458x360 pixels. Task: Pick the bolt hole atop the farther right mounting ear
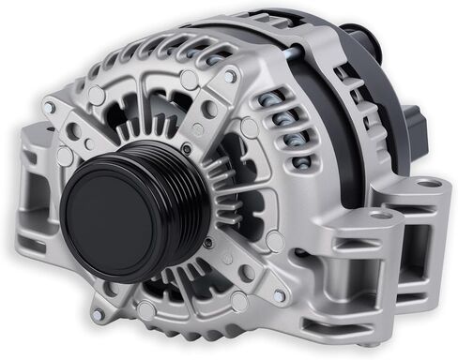428,183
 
